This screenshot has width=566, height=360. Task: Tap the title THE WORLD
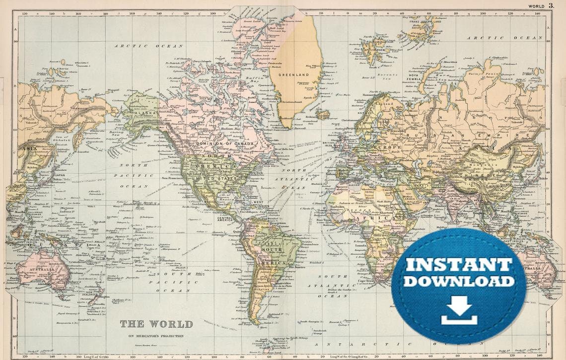(156, 324)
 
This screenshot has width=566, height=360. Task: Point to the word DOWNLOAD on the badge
(458, 281)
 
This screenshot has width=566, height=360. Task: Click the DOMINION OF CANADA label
(225, 144)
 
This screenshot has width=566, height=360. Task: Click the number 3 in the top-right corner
(551, 5)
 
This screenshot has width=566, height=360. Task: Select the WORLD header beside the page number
(536, 6)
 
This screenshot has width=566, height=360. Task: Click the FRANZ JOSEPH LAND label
(425, 22)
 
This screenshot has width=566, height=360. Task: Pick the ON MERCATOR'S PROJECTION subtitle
(156, 336)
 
